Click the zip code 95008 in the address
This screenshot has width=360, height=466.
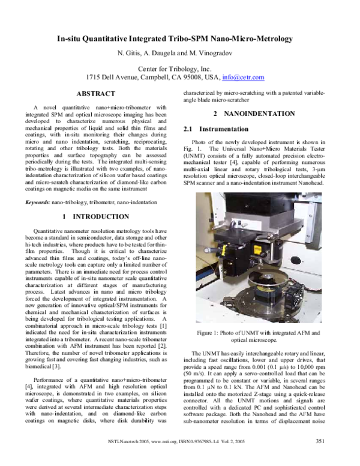(199, 77)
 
